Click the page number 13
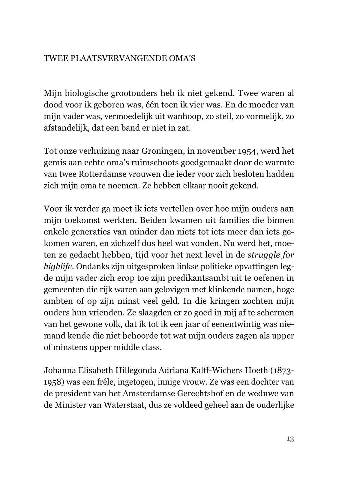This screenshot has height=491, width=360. click(x=290, y=439)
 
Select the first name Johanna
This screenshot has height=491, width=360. click(x=59, y=371)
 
